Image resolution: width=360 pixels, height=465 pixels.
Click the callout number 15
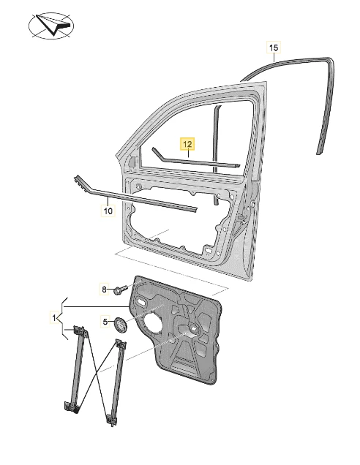click(274, 47)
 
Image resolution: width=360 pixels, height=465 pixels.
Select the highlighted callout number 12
click(187, 145)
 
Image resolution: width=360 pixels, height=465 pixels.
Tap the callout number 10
click(108, 211)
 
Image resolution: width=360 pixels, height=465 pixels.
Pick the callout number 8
click(104, 289)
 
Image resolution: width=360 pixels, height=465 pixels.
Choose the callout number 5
click(105, 321)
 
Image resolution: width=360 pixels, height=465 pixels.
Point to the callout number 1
click(54, 318)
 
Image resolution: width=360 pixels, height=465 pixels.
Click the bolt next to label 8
click(120, 289)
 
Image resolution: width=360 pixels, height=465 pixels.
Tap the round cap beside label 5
click(121, 325)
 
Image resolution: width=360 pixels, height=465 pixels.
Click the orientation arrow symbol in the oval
click(53, 25)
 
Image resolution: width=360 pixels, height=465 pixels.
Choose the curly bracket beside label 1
click(61, 318)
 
